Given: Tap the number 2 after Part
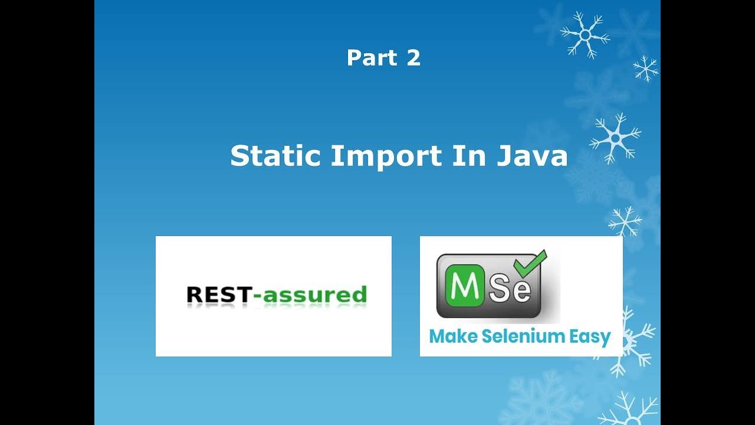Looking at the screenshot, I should (x=413, y=58).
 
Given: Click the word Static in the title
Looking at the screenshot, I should (x=275, y=156).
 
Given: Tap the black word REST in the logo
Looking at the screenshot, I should (x=218, y=294).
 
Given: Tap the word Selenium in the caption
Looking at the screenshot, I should (x=515, y=336).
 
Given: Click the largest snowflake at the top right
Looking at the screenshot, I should (x=585, y=34).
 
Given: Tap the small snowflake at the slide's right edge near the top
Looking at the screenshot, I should (x=646, y=68).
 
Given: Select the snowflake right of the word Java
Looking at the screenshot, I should (x=615, y=138).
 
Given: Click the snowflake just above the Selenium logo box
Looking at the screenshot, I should (x=625, y=222).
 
